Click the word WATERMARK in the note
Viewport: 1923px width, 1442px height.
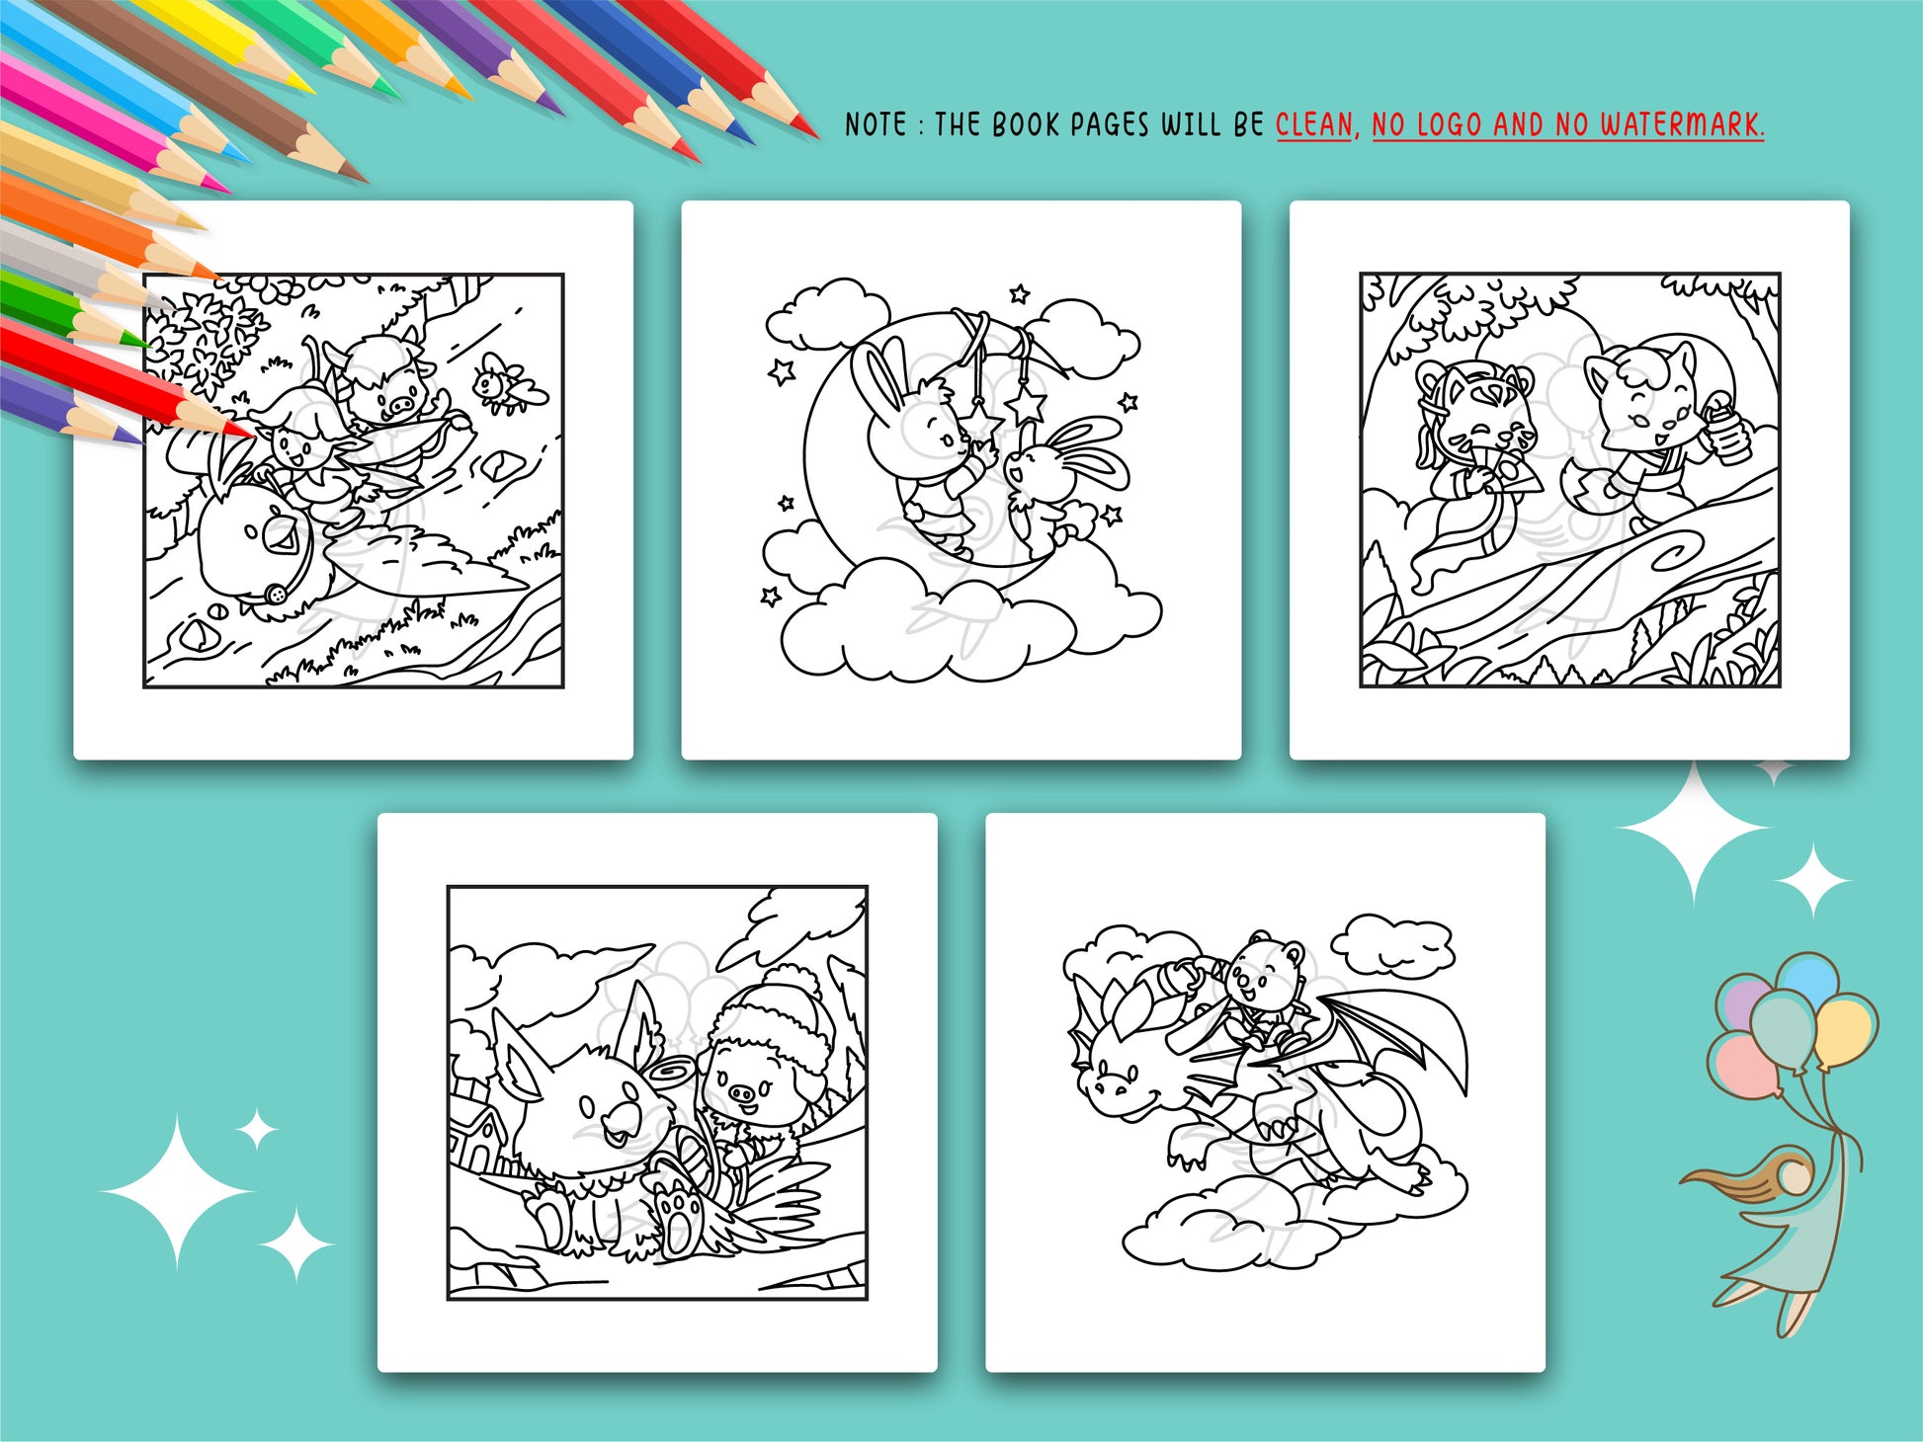[1681, 125]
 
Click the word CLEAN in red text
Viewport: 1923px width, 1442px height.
[1313, 125]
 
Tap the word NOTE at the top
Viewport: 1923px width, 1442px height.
[876, 125]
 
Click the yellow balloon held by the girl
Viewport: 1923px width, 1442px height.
[1844, 1030]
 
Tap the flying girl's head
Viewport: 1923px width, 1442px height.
[1791, 1174]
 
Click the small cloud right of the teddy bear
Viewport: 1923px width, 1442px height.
[1393, 943]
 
